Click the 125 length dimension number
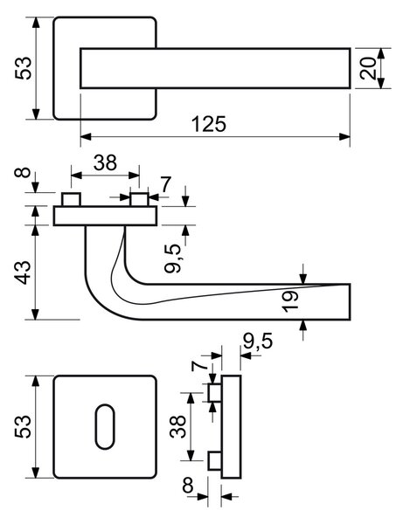click(x=209, y=124)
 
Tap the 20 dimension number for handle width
click(x=367, y=68)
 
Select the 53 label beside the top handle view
click(x=23, y=68)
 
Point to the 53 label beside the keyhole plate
click(x=23, y=426)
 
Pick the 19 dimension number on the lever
click(x=289, y=302)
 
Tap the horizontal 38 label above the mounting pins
click(x=105, y=162)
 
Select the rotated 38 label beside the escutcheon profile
click(x=177, y=426)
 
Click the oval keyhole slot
click(x=105, y=427)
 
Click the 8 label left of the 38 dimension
click(x=23, y=173)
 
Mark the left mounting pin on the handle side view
click(x=71, y=199)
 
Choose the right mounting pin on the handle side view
click(x=139, y=199)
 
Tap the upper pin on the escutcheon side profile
click(x=215, y=393)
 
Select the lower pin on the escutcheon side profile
click(x=215, y=461)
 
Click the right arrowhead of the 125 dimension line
click(x=344, y=137)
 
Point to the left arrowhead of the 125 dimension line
click(x=87, y=137)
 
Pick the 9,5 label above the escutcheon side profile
click(x=258, y=341)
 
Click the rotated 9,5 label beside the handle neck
click(x=174, y=259)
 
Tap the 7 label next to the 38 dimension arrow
click(x=166, y=184)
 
